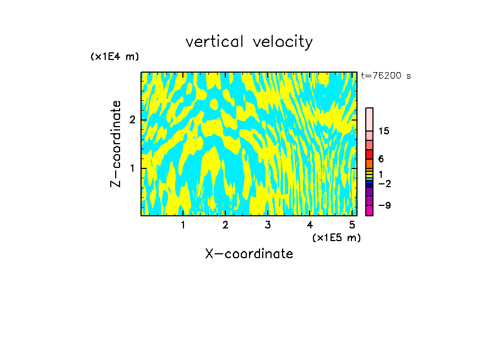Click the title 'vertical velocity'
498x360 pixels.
coord(249,42)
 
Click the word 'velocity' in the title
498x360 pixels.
coord(283,42)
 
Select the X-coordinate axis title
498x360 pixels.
coord(249,254)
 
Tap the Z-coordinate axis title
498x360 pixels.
coord(116,144)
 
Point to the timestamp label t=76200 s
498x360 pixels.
coord(386,76)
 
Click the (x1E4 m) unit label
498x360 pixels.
coord(115,57)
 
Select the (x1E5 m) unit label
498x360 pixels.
coord(337,237)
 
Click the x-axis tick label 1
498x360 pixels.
coord(183,225)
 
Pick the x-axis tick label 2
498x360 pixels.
coord(225,225)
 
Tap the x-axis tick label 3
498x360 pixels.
coord(268,225)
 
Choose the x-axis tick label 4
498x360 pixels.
coord(310,225)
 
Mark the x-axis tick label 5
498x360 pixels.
coord(352,225)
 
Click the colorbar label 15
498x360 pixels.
coord(384,131)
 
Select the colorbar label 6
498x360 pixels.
coord(381,159)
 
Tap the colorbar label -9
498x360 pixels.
coord(384,205)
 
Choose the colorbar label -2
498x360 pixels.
coord(384,183)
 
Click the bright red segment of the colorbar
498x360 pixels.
coord(370,154)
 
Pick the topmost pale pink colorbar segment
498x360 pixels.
coord(370,119)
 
